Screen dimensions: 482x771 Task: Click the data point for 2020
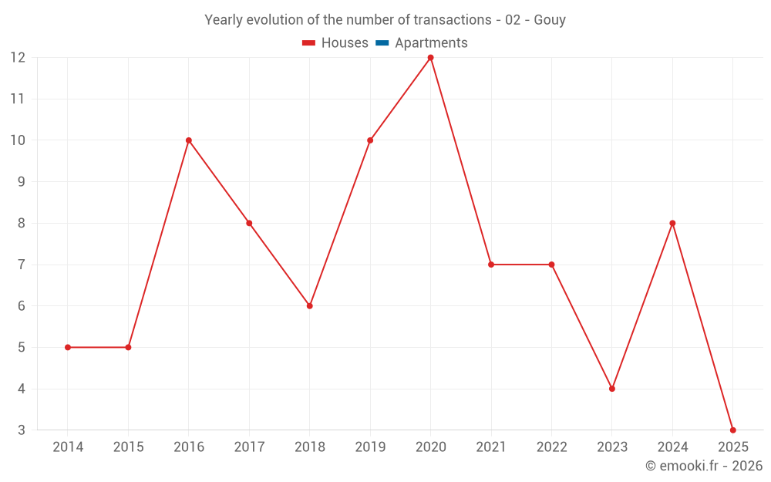click(430, 58)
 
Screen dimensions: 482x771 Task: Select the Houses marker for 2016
click(189, 140)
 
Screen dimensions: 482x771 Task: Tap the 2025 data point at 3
click(732, 430)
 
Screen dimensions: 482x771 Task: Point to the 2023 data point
click(611, 389)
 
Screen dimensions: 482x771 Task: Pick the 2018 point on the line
click(310, 306)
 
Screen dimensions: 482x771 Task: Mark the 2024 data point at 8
click(672, 223)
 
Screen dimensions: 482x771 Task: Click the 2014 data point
click(68, 347)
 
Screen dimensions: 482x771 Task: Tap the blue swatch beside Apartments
click(382, 43)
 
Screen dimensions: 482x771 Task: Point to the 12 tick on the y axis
click(18, 58)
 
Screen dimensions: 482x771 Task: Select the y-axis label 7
click(22, 265)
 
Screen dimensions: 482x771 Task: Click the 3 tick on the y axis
click(22, 430)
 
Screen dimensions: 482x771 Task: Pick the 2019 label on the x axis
click(370, 447)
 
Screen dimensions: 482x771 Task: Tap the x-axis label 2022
click(551, 447)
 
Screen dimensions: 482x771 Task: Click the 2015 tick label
click(128, 447)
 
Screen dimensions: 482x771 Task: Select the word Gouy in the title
click(550, 20)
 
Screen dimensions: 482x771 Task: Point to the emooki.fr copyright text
click(704, 466)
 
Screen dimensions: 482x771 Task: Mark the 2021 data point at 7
click(491, 265)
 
